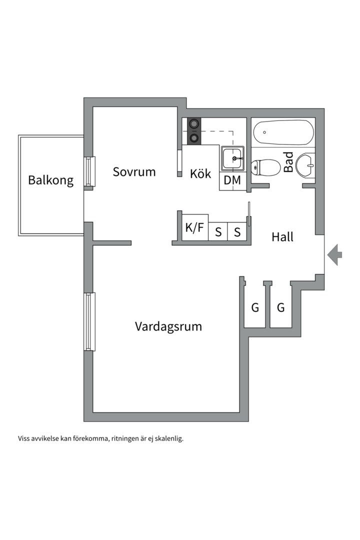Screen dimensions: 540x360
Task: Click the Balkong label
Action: (x=50, y=180)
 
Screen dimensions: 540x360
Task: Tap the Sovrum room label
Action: (x=134, y=172)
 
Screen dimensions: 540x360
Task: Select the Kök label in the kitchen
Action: (x=200, y=174)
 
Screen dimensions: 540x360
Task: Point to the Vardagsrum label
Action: (x=168, y=326)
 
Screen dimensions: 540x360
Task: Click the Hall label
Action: (x=282, y=237)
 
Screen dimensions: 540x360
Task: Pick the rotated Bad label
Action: (x=288, y=163)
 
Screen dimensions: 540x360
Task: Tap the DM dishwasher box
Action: (x=232, y=180)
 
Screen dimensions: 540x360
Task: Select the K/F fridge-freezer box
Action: (x=194, y=228)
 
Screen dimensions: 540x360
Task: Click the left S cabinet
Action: (x=218, y=232)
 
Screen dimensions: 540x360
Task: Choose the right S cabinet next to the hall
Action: (x=237, y=232)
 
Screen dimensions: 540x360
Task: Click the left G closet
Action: (x=255, y=307)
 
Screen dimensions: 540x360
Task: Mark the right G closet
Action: (x=280, y=307)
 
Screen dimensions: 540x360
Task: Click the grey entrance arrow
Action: (x=334, y=255)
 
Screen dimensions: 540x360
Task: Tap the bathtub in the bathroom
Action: (x=283, y=132)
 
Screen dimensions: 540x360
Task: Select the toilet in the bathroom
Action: (x=266, y=168)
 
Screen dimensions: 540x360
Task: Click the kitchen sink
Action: (x=232, y=158)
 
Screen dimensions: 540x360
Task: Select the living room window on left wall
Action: (x=89, y=321)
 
